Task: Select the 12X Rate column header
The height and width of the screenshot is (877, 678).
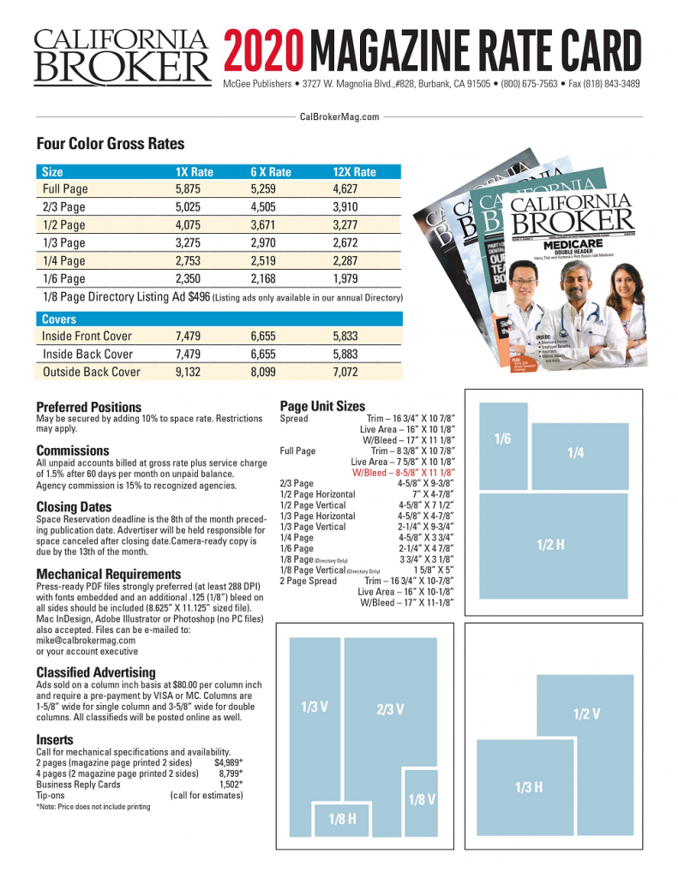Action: coord(354,171)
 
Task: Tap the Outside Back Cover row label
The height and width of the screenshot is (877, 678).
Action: coord(92,372)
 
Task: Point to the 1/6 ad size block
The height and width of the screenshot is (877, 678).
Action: coord(502,439)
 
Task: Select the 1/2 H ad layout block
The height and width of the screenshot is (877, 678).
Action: coord(549,544)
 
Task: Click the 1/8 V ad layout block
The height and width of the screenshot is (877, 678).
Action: coord(422,799)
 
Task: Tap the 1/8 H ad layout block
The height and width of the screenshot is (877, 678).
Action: coord(342,820)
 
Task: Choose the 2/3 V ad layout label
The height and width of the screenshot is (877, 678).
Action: coord(390,709)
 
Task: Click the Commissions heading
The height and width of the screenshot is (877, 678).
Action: coord(73,450)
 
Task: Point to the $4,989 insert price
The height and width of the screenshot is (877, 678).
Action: coord(228,761)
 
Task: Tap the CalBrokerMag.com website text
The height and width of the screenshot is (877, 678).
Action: coord(339,116)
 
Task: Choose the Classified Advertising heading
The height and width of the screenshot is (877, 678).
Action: coord(96,672)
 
